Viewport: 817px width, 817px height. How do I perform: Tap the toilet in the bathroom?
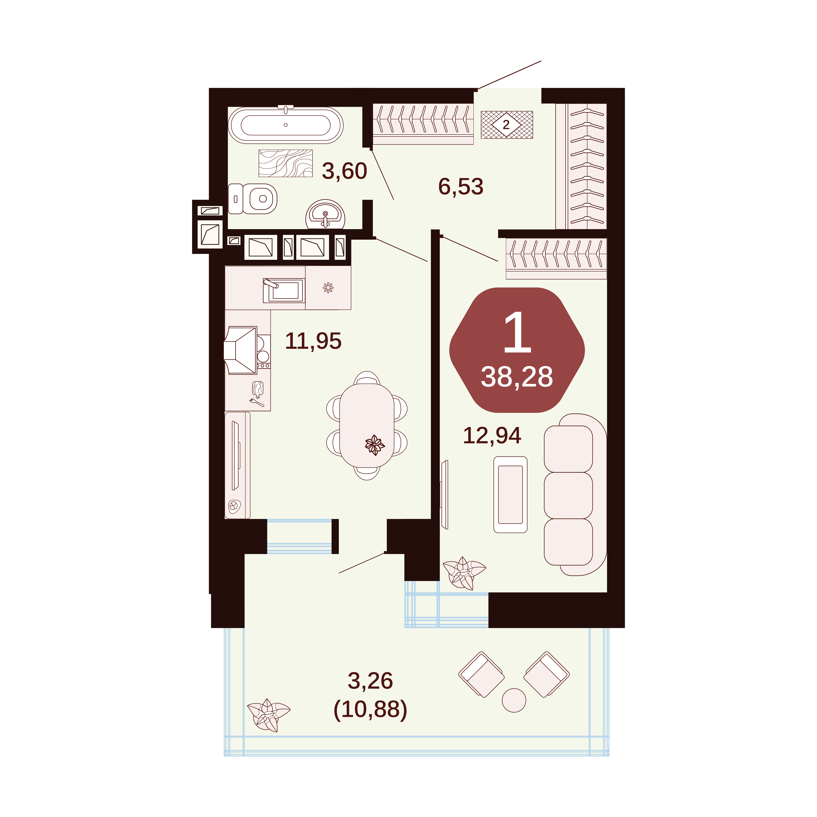[253, 199]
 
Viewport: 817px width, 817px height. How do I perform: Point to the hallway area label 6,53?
[460, 186]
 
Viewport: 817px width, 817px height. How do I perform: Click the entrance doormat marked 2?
[507, 125]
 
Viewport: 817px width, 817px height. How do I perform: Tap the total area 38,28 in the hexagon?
[517, 377]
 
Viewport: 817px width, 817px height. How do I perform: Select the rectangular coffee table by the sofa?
[510, 494]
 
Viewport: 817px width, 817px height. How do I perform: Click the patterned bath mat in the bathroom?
[285, 163]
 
